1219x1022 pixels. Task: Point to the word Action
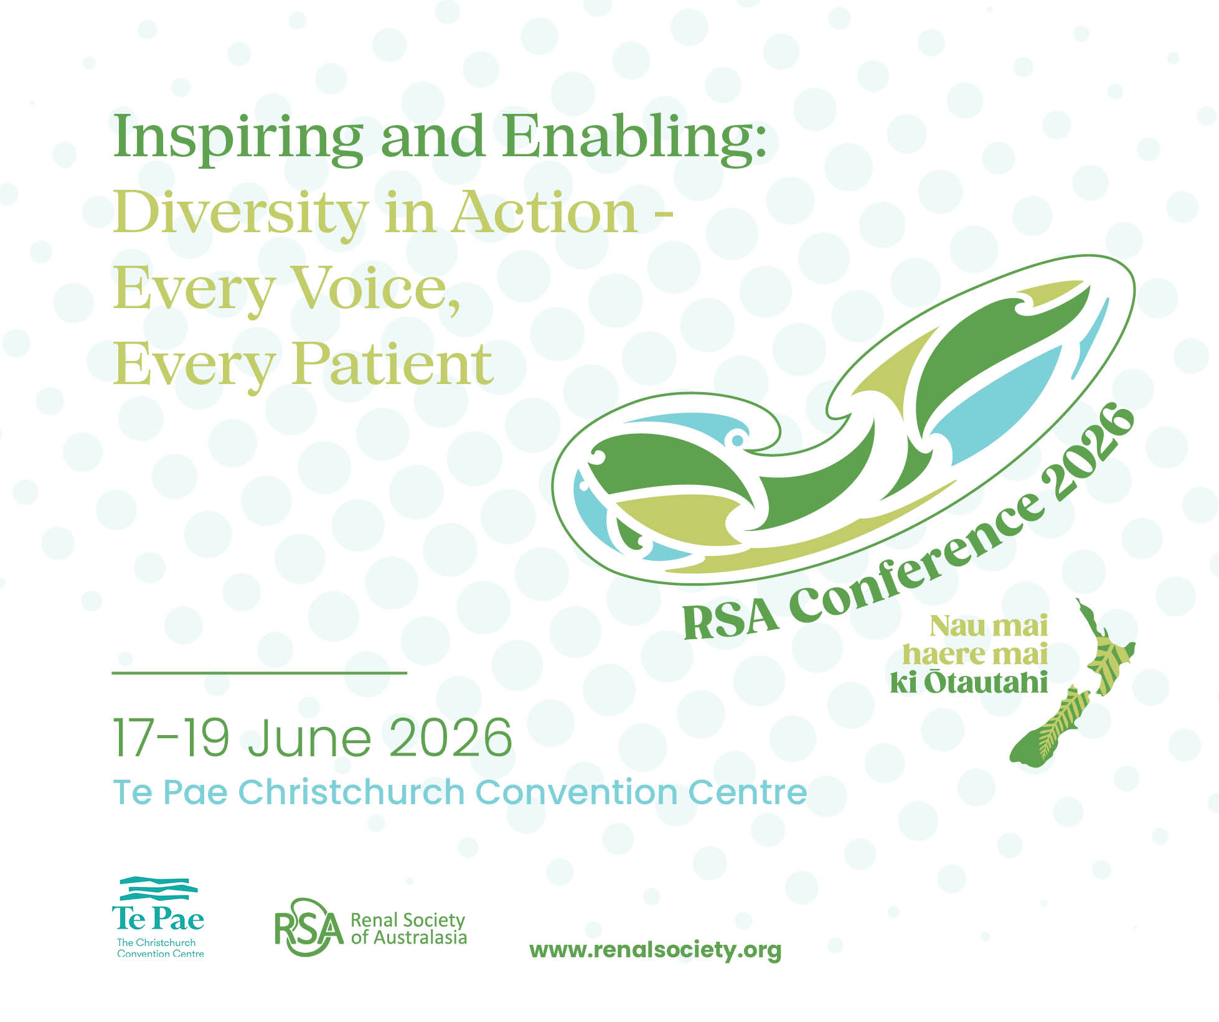545,213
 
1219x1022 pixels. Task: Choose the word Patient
393,364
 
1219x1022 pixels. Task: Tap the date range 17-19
171,738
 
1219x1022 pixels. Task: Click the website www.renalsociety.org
655,950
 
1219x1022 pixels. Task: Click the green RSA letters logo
309,927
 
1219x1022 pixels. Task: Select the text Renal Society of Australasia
408,929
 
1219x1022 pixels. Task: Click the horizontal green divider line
259,673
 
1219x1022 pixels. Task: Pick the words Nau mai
989,626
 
